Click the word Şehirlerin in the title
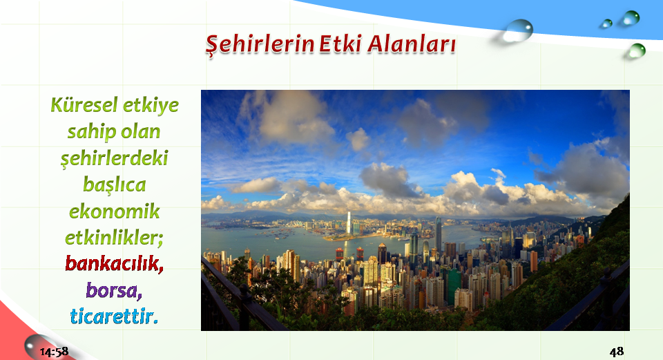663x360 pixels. tap(260, 44)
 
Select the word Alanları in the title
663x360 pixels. tap(412, 44)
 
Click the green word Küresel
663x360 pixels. tap(84, 105)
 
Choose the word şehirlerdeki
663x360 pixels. tap(114, 159)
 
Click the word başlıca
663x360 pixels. tap(114, 185)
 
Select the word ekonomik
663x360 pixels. tap(114, 211)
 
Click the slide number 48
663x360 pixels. tap(617, 351)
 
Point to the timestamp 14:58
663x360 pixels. tap(54, 352)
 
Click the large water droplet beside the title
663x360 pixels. tap(517, 31)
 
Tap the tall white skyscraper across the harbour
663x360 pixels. tap(349, 222)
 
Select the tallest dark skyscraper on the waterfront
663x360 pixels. tap(439, 235)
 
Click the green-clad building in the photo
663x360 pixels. tap(453, 285)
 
